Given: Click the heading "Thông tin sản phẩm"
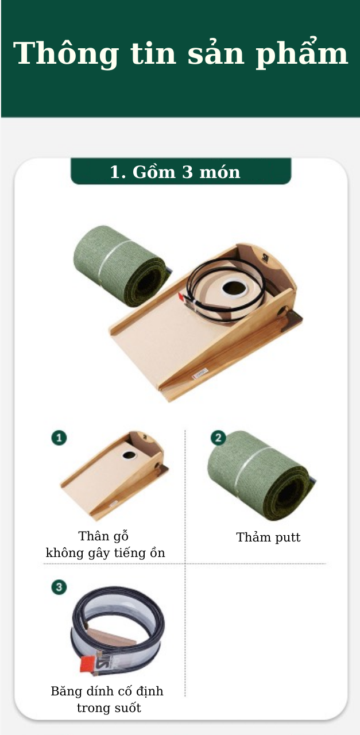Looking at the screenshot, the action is click(x=180, y=53).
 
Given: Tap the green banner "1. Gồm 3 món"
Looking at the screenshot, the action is click(x=181, y=171).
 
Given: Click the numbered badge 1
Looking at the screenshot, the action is click(x=59, y=438).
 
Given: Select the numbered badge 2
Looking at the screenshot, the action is click(x=218, y=438).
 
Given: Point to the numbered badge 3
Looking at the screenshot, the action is click(x=59, y=587).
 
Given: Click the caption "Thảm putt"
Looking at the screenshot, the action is click(x=268, y=537).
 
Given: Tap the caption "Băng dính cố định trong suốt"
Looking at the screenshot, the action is click(x=107, y=699).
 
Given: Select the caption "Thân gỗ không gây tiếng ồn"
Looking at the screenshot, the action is click(x=105, y=544).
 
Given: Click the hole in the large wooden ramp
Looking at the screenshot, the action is click(x=234, y=288).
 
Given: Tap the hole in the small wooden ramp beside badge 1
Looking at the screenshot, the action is click(x=129, y=455).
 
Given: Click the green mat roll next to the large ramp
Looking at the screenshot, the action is click(x=120, y=266).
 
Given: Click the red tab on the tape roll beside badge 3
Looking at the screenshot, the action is click(x=88, y=663).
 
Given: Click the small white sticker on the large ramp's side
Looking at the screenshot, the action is click(x=200, y=373).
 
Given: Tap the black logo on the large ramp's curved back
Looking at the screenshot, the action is click(x=265, y=258).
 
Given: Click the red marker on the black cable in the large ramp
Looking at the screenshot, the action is click(x=181, y=297).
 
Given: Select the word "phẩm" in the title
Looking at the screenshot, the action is click(x=301, y=54).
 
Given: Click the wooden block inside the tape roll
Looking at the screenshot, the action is click(x=112, y=636).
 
